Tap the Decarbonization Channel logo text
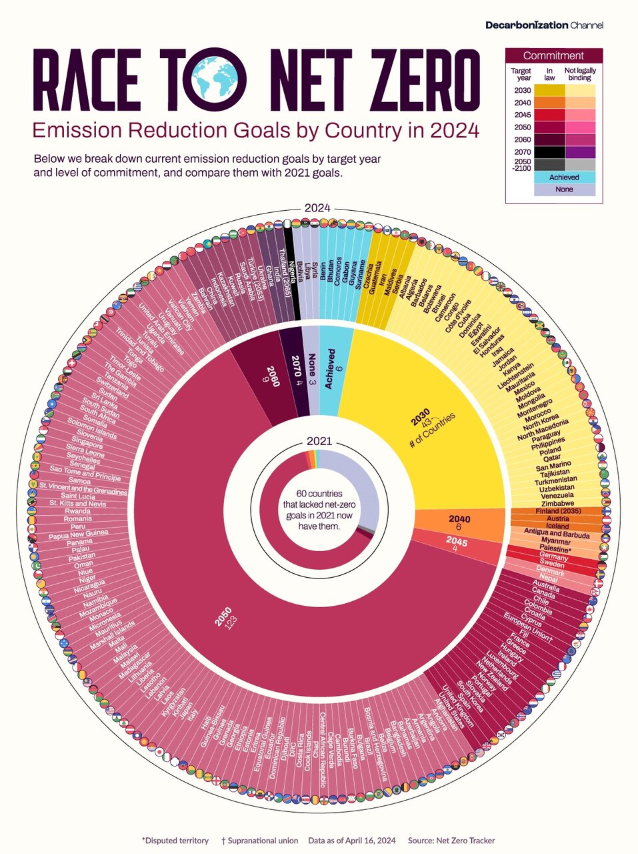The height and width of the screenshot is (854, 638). [544, 25]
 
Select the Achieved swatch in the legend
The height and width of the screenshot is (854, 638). [554, 177]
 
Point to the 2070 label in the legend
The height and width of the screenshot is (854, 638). [522, 151]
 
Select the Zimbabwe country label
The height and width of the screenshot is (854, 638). [557, 503]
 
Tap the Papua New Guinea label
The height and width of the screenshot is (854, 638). [78, 532]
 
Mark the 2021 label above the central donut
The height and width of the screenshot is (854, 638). [319, 441]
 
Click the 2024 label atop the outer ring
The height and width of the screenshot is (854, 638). [318, 207]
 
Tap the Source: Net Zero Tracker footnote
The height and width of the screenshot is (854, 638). [451, 841]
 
